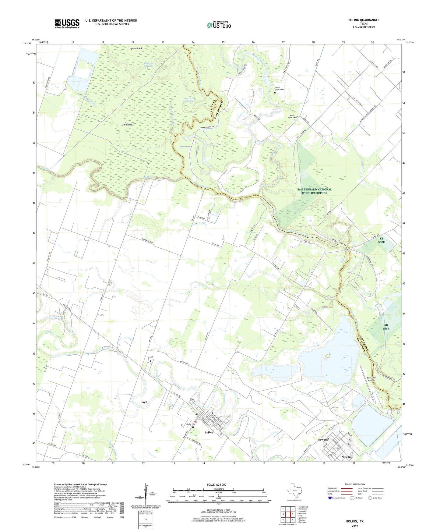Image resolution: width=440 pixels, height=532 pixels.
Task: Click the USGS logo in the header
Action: click(x=67, y=23)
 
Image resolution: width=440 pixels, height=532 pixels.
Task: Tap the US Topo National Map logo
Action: click(x=219, y=25)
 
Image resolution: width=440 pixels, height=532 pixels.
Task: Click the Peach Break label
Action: click(x=136, y=48)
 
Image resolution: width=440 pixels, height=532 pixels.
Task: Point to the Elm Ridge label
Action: click(x=127, y=125)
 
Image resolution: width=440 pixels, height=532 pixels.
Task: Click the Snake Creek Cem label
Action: click(x=279, y=89)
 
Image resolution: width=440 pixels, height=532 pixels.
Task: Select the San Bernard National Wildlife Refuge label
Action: click(x=314, y=191)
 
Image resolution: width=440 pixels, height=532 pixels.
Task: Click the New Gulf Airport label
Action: click(x=371, y=379)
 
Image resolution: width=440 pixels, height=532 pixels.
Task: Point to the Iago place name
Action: click(x=144, y=402)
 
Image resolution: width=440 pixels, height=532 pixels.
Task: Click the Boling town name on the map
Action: click(x=209, y=432)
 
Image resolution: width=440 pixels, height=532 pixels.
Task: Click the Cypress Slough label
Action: click(x=149, y=65)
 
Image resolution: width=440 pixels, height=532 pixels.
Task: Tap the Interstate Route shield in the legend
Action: click(x=330, y=498)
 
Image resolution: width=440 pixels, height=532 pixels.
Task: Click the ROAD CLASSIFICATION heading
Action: click(x=355, y=484)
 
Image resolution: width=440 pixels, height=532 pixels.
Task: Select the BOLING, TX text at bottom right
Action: click(x=355, y=521)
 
